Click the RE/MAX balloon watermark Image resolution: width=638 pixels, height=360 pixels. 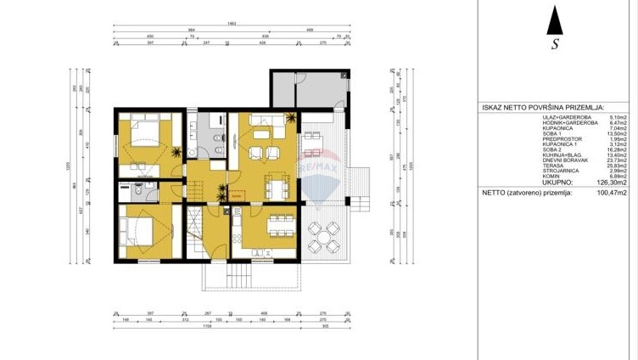tap(315, 175)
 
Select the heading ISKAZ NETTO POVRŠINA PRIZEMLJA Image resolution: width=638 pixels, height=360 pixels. tap(543, 109)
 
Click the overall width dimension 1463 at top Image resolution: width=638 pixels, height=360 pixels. tap(232, 25)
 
